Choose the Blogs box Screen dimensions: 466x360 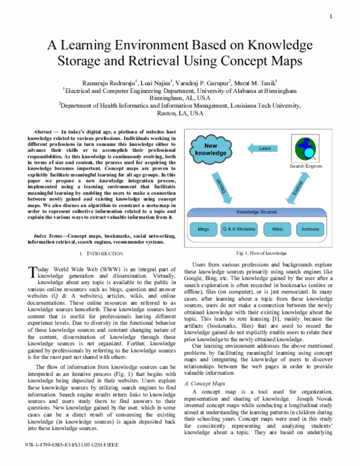203,229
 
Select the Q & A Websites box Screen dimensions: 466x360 239,229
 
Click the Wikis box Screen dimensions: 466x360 277,229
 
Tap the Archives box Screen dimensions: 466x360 310,229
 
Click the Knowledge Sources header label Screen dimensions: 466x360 257,213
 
